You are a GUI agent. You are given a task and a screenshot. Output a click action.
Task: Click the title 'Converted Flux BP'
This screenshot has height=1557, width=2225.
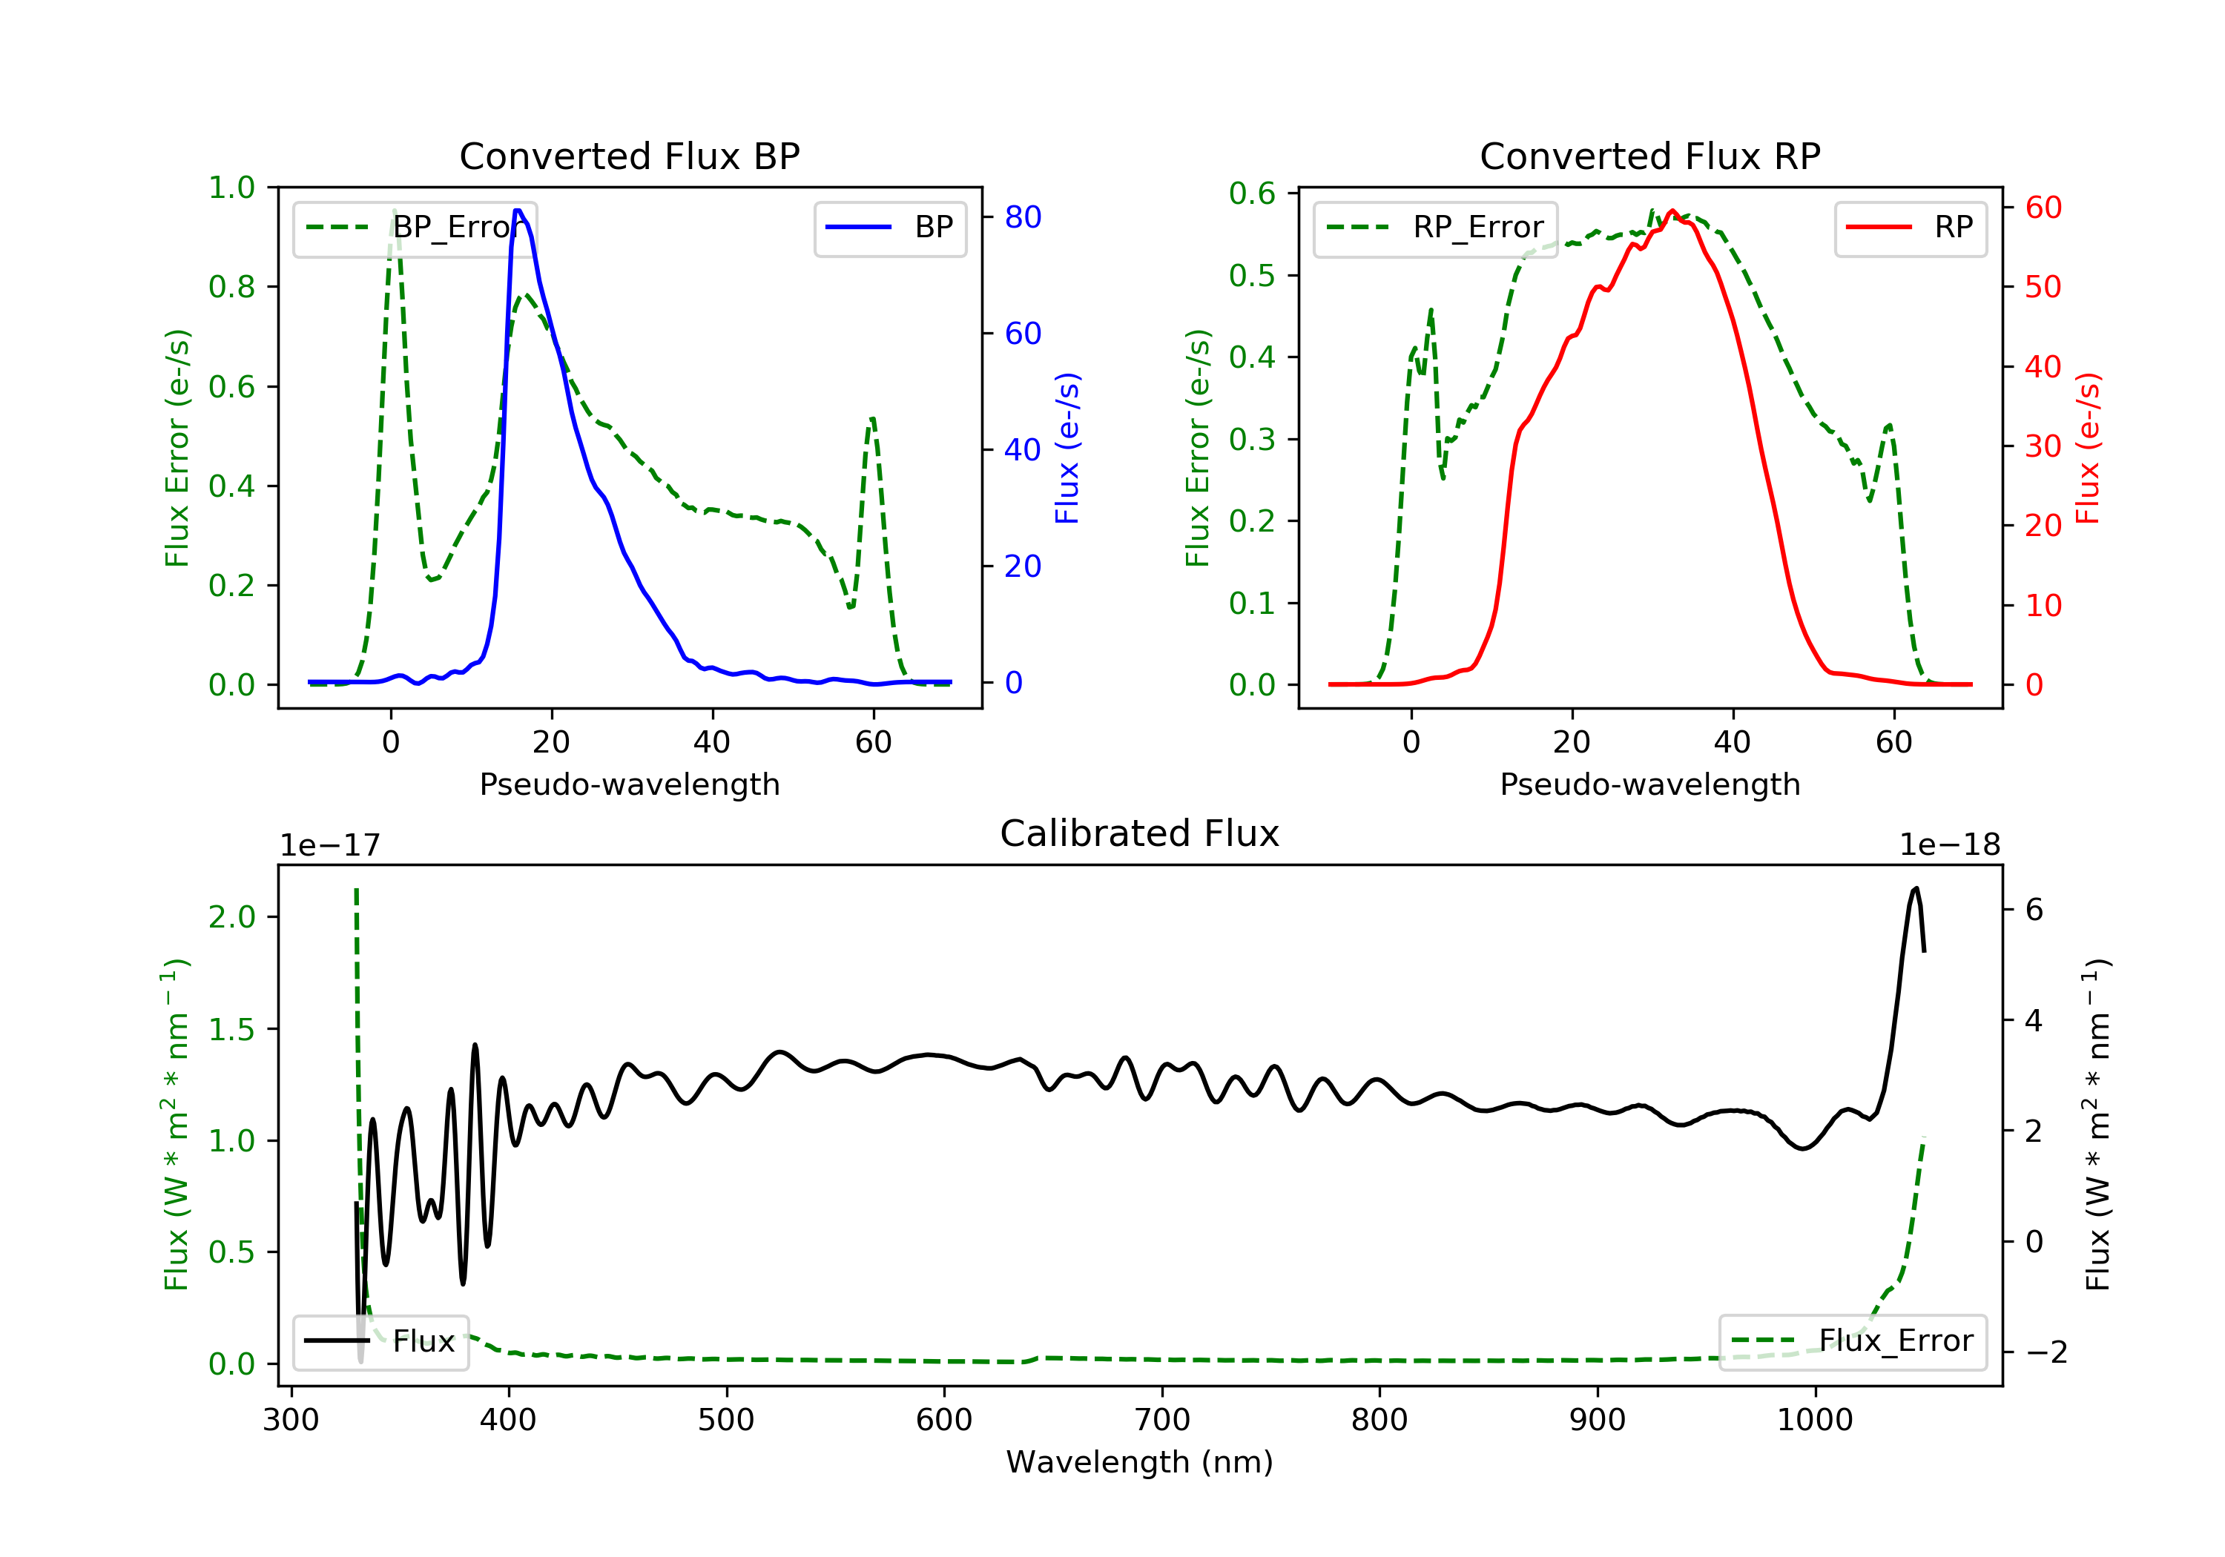coord(629,156)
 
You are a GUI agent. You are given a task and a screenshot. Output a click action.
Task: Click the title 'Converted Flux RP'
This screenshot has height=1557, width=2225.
coord(1649,156)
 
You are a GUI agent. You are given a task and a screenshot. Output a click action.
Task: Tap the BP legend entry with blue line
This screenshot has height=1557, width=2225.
coord(891,228)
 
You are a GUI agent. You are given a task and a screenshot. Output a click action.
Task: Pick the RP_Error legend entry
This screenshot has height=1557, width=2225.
coord(1435,228)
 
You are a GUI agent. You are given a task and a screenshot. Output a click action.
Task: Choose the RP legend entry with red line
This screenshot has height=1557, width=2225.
coord(1910,228)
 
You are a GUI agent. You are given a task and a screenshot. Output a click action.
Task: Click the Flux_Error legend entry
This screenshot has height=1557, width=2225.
coord(1852,1341)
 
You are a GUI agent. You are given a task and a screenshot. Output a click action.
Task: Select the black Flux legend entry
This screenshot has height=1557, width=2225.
coord(381,1341)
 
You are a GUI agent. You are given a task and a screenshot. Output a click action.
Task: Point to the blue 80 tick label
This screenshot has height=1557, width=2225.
coord(1022,217)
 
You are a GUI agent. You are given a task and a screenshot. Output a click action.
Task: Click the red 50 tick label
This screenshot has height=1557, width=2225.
coord(2043,287)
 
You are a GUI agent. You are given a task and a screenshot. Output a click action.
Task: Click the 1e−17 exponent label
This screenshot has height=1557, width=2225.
coord(329,846)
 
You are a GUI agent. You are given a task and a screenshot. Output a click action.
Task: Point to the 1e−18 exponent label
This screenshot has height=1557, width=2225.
coord(1949,846)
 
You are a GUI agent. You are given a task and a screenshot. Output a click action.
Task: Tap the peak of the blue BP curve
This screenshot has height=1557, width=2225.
coord(518,211)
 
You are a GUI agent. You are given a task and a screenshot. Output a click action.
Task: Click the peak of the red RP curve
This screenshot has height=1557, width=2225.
coord(1672,211)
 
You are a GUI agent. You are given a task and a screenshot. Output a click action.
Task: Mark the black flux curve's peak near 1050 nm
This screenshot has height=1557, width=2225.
coord(1915,888)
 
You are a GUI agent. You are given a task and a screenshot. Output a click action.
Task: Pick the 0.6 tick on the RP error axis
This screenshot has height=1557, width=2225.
coord(1251,194)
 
